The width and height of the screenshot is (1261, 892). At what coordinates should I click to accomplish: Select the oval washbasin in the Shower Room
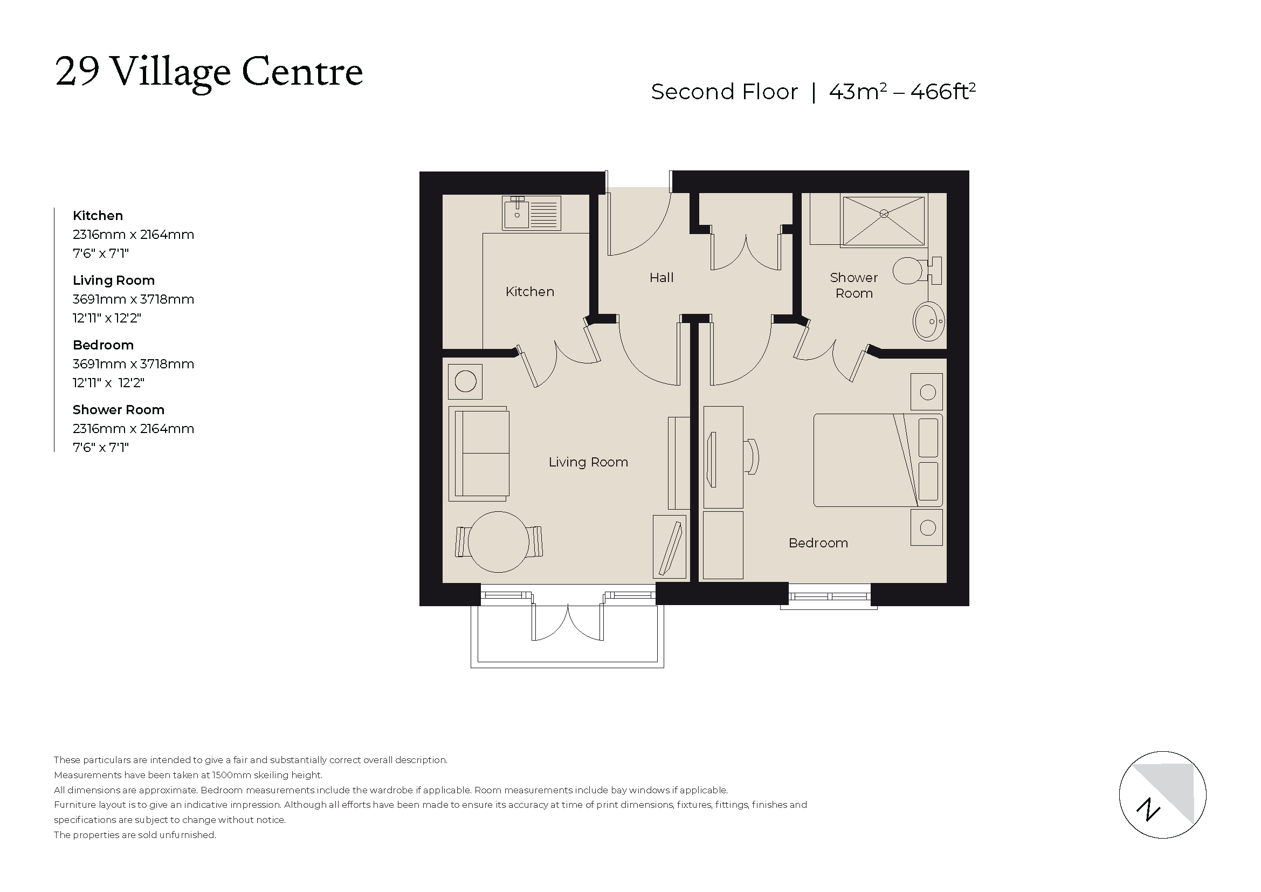[928, 321]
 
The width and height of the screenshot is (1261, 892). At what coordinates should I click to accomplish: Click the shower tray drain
[884, 214]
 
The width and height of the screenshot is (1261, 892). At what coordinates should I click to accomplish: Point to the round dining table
[498, 541]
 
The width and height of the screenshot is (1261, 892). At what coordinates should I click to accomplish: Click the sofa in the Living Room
[479, 454]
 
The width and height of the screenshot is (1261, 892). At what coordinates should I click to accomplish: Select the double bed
[877, 460]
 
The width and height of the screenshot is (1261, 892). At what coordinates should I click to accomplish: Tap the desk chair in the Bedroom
[753, 456]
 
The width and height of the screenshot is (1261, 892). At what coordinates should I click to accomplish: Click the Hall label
[661, 278]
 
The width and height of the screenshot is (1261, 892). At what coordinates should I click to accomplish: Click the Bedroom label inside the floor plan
[818, 543]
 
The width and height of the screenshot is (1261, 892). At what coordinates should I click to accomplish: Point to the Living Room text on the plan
[588, 463]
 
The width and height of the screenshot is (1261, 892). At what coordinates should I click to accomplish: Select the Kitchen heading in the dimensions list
[98, 216]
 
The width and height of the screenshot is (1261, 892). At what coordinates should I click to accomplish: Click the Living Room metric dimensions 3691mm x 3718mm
[133, 299]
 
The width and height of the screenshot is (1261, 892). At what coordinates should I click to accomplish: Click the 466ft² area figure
[942, 92]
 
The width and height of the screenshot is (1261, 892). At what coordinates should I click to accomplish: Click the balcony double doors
[567, 623]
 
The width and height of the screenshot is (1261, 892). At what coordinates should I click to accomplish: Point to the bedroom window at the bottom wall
[829, 596]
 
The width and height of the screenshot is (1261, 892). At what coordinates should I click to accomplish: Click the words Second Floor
[724, 92]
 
